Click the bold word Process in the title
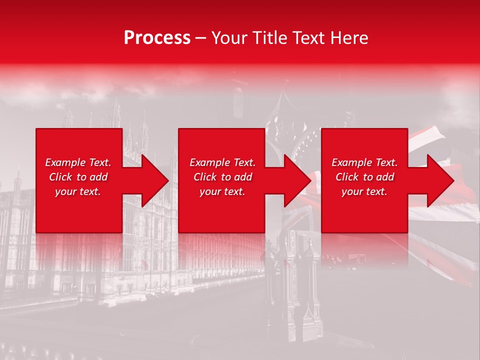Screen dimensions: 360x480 click(x=157, y=38)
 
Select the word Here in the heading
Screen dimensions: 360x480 click(x=348, y=38)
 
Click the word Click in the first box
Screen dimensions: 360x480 click(x=60, y=177)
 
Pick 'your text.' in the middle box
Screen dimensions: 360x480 click(x=222, y=191)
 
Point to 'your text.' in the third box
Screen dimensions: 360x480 click(x=364, y=191)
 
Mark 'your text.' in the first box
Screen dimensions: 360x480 click(x=77, y=191)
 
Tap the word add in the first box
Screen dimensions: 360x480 click(x=99, y=177)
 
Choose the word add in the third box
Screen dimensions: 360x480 click(x=385, y=177)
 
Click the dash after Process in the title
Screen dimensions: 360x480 click(x=201, y=38)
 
